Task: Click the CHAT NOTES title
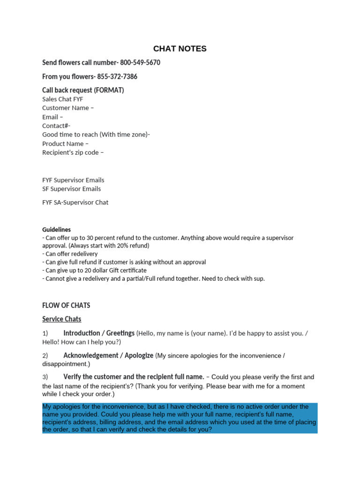coord(180,49)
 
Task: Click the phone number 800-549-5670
coord(140,63)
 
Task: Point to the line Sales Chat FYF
coord(62,99)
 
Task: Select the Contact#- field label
coord(56,126)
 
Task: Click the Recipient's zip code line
coord(73,152)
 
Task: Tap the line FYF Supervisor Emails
coord(73,180)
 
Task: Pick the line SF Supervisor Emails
coord(71,189)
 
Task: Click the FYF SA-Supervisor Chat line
coord(75,202)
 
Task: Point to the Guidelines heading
coord(56,230)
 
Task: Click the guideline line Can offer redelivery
coord(70,254)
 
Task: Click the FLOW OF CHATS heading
coord(66,306)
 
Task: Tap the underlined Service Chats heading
coord(61,319)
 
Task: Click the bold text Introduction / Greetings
coord(98,333)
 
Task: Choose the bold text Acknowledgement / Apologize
coord(108,355)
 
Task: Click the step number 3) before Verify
coord(45,377)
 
